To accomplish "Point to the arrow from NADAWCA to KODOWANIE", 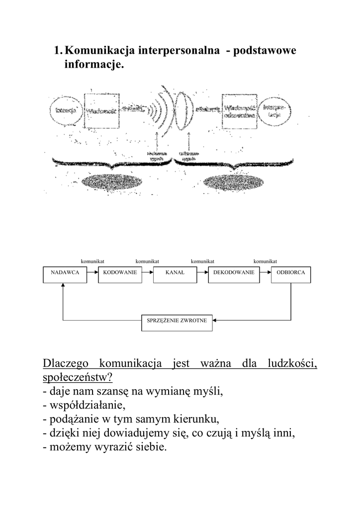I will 92,273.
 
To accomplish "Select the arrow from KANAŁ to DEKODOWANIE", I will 202,273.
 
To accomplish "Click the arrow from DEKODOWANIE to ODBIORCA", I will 265,273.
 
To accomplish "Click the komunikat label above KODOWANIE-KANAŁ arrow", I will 147,261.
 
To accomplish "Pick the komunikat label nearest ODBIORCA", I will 265,261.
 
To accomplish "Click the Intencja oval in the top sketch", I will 66,110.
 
